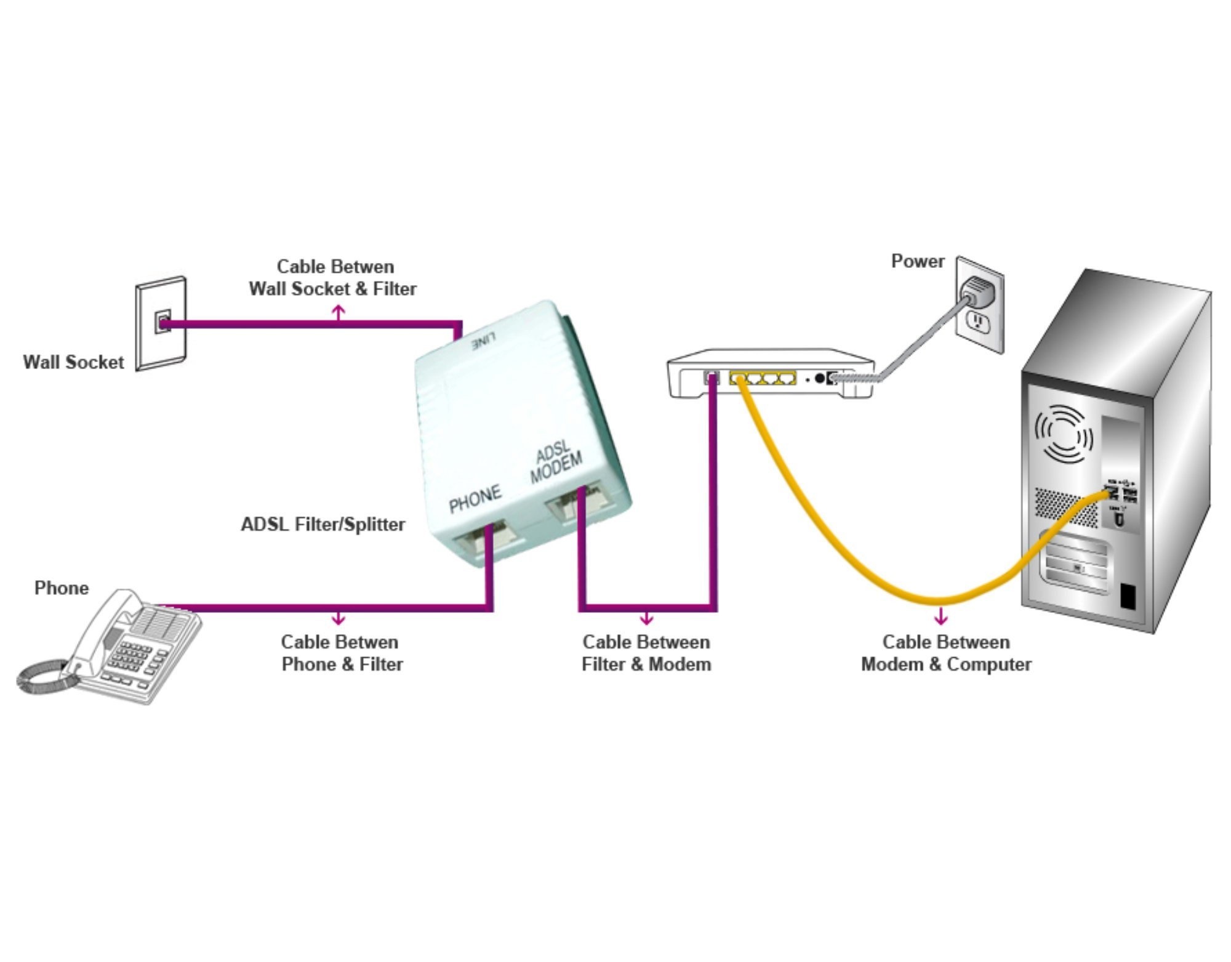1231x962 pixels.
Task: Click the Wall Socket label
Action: pyautogui.click(x=73, y=362)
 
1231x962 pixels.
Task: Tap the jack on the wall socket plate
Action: pyautogui.click(x=162, y=323)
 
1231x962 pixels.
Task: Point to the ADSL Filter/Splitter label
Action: pyautogui.click(x=323, y=525)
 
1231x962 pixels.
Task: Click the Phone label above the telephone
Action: pyautogui.click(x=61, y=588)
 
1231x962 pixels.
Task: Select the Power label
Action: pyautogui.click(x=917, y=262)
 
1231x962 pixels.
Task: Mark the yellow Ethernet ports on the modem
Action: pyautogui.click(x=763, y=378)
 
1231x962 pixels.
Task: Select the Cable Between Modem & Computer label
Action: pyautogui.click(x=946, y=653)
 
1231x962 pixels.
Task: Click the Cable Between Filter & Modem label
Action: pyautogui.click(x=646, y=653)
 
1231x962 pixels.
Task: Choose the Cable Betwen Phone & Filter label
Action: pyautogui.click(x=342, y=653)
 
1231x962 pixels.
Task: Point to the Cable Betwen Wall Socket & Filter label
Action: pyautogui.click(x=333, y=278)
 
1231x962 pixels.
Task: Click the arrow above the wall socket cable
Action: pyautogui.click(x=338, y=313)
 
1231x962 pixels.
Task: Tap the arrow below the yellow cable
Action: pyautogui.click(x=940, y=616)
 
